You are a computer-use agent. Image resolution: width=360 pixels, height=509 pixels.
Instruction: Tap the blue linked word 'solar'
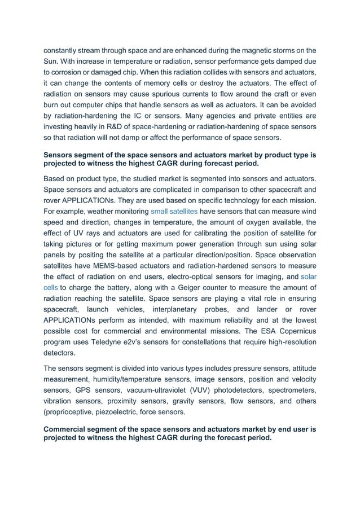point(308,277)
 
